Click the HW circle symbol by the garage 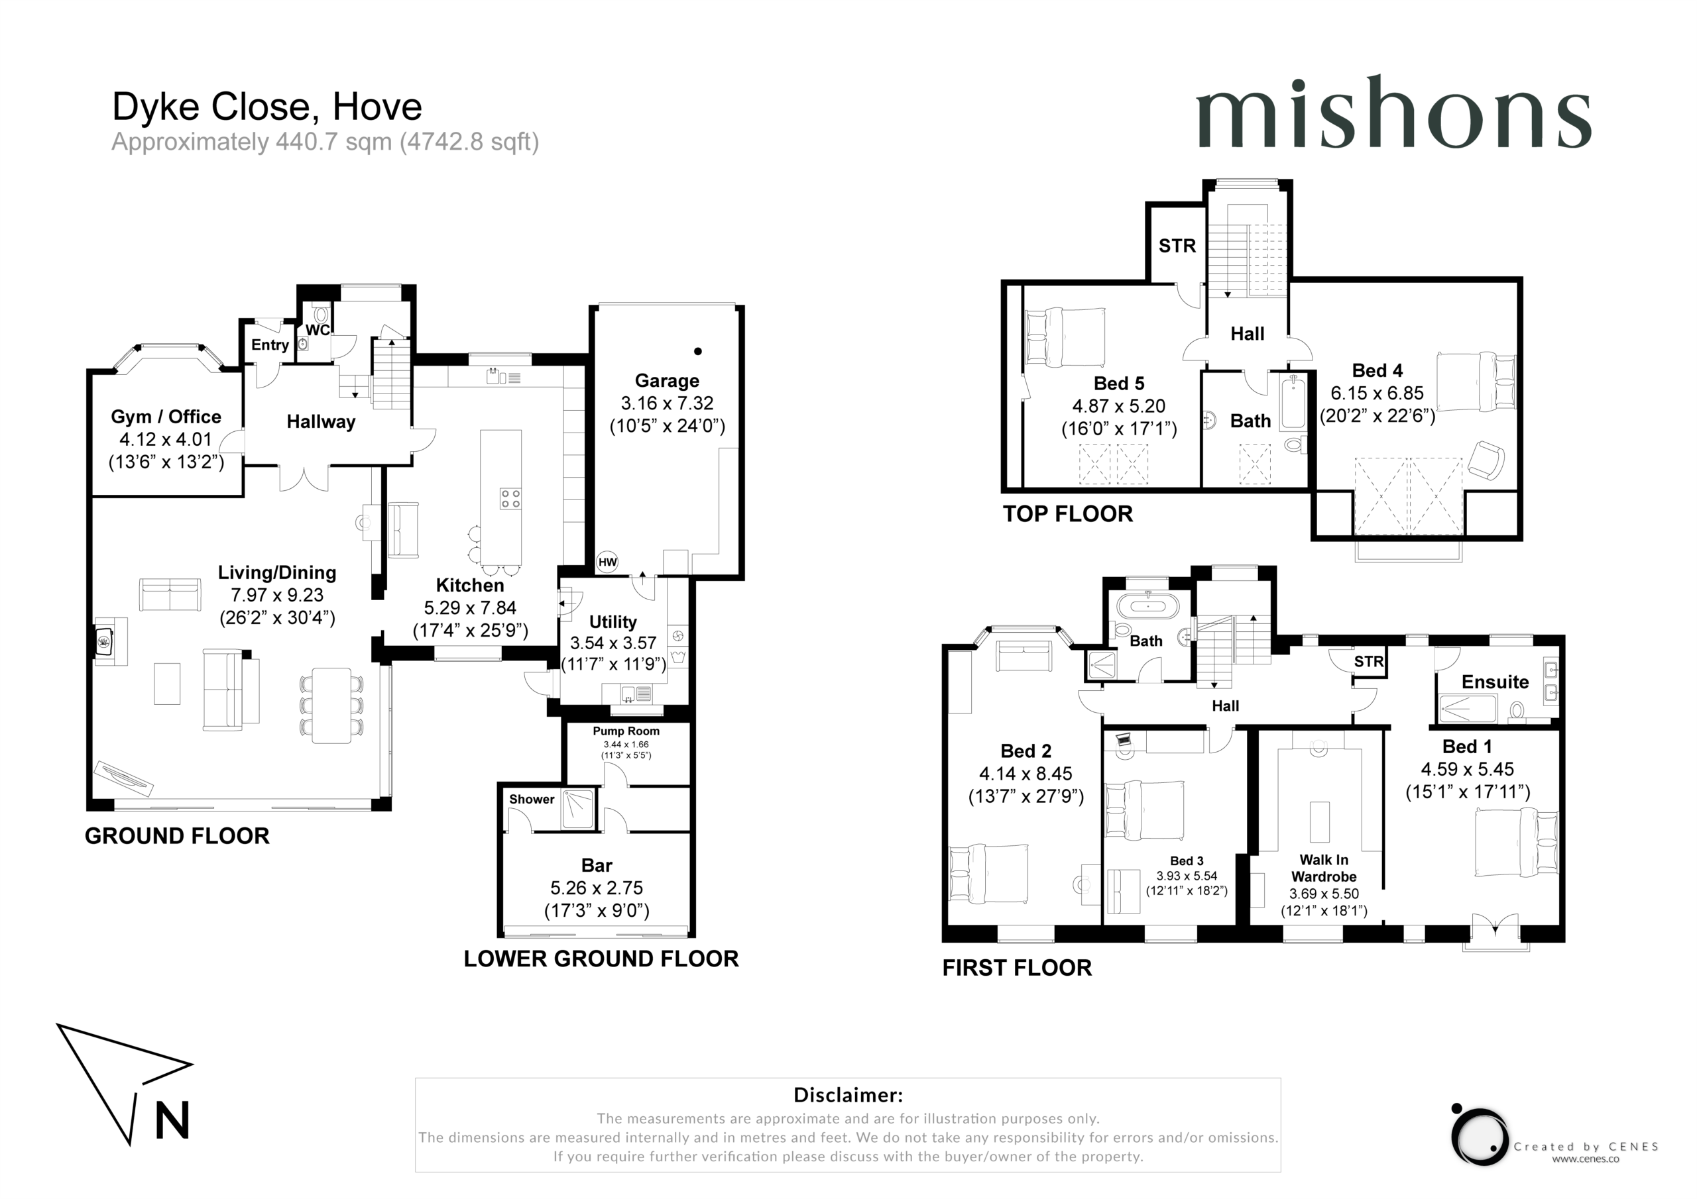click(607, 562)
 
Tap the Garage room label click(667, 380)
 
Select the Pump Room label click(626, 731)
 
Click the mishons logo click(1393, 113)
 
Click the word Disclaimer click(848, 1095)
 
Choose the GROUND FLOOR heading click(178, 835)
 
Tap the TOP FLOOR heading click(1067, 513)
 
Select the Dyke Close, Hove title click(267, 107)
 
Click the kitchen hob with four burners click(510, 498)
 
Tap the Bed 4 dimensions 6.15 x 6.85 click(1377, 393)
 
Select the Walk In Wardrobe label click(1324, 868)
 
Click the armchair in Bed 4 click(1486, 460)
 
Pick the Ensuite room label click(1495, 682)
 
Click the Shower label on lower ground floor click(532, 800)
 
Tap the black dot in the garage click(698, 352)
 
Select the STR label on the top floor click(1177, 245)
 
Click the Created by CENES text click(1586, 1147)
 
